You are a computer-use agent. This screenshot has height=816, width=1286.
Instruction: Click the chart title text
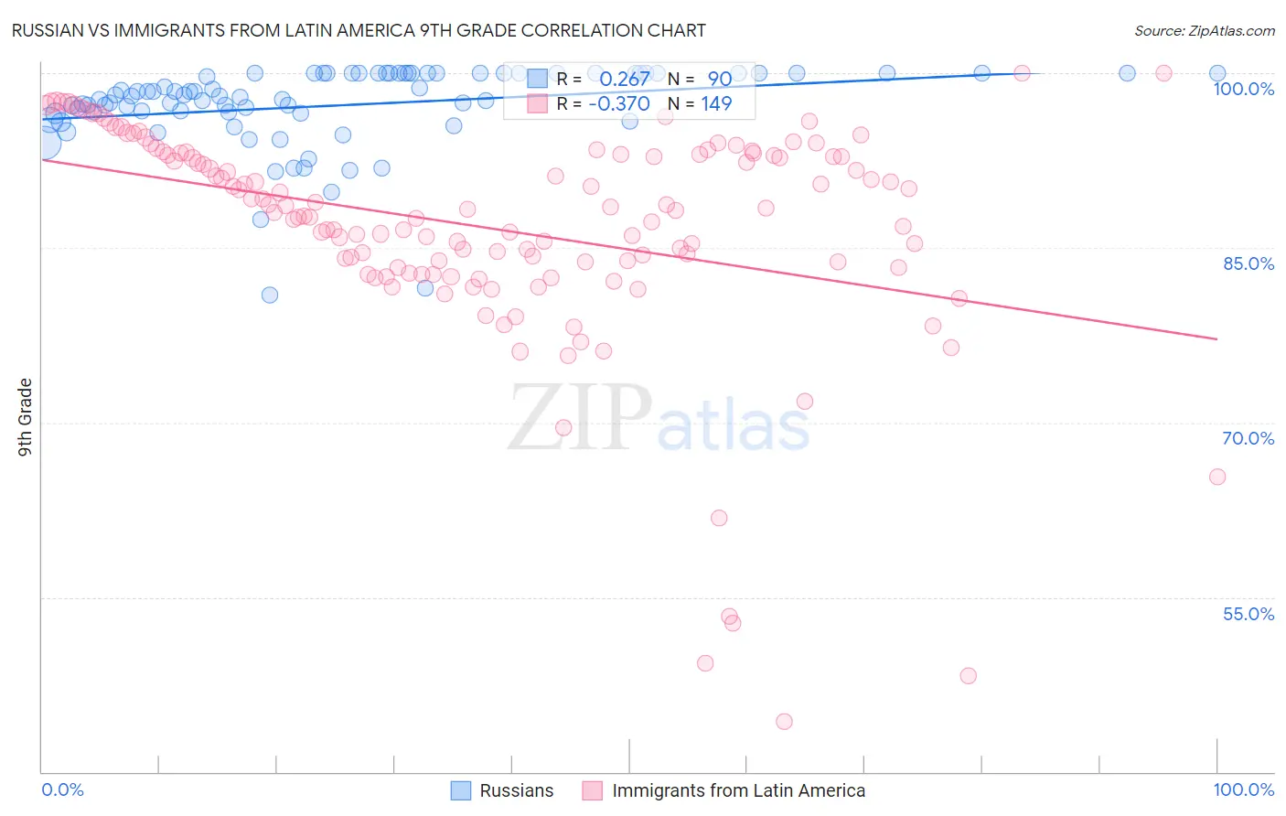359,30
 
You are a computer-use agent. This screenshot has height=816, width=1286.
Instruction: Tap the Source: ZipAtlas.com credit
1204,30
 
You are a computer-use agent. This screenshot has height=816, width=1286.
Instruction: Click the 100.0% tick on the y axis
1243,89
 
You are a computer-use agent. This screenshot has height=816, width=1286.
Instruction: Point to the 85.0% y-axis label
1248,263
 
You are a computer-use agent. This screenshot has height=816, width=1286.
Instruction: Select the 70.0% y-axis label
1248,438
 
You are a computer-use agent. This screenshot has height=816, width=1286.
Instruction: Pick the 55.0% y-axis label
1248,614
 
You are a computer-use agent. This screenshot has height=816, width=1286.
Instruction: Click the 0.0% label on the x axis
63,789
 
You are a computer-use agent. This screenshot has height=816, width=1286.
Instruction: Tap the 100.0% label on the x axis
1243,789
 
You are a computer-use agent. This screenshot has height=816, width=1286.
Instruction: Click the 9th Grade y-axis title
26,417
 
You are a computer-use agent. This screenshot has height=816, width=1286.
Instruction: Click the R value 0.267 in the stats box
625,79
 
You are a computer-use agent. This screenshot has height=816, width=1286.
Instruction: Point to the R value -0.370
619,103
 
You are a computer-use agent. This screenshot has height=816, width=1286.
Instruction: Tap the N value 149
716,103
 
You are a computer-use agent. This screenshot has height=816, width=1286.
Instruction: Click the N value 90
719,79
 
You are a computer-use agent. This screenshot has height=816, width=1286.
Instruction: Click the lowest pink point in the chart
784,722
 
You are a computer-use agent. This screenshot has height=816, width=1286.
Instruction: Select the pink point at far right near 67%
1216,477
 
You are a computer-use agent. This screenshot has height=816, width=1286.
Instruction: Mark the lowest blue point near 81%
270,295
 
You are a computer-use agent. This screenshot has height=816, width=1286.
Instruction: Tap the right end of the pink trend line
1216,339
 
